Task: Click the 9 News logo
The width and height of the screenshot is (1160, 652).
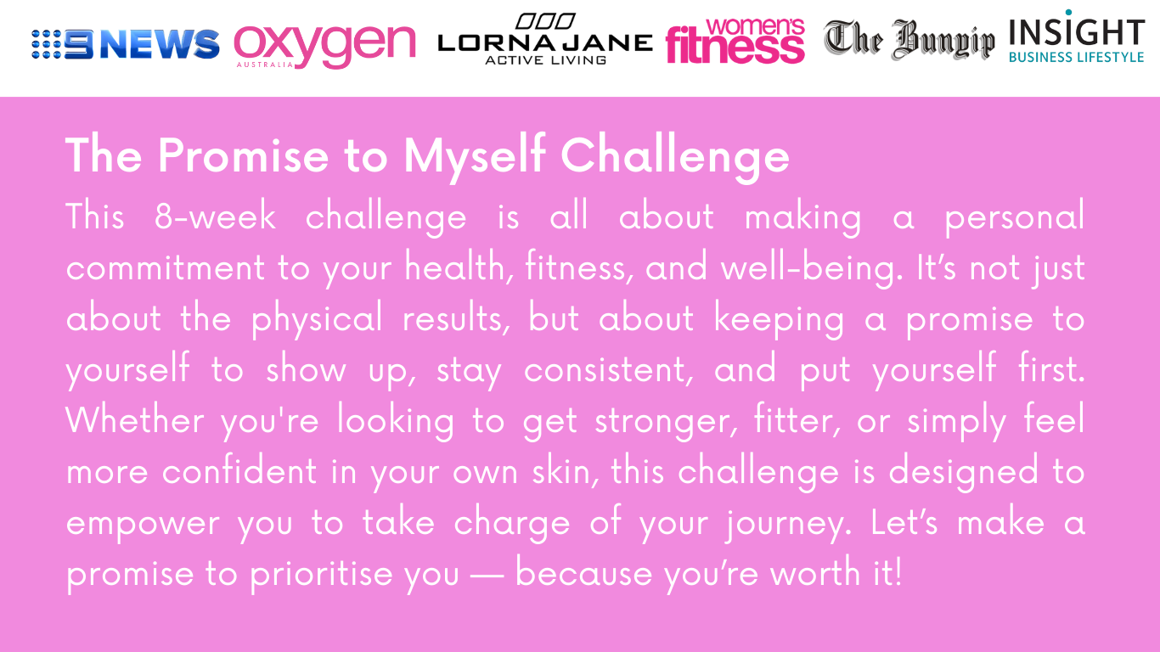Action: [x=126, y=44]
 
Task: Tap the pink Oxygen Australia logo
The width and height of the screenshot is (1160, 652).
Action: [x=324, y=47]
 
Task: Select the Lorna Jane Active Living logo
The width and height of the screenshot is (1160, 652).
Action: [x=545, y=40]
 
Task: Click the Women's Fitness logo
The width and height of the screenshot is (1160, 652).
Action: [x=735, y=41]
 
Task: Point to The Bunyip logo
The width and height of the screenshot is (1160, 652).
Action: [x=909, y=40]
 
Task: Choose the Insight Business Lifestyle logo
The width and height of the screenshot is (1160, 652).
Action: [x=1077, y=37]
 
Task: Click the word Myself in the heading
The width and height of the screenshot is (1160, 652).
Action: [x=474, y=156]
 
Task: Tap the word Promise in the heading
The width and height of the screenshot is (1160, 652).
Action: [x=244, y=155]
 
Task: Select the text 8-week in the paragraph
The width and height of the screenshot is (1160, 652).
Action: [x=215, y=216]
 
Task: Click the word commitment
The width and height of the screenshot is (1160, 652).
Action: [x=166, y=267]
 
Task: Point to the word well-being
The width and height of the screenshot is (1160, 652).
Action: [x=812, y=267]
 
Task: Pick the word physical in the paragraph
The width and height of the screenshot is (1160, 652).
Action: [x=317, y=318]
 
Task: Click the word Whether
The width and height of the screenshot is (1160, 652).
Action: [x=135, y=419]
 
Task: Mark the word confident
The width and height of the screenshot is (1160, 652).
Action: [x=239, y=470]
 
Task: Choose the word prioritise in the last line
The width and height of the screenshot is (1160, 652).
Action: [x=321, y=574]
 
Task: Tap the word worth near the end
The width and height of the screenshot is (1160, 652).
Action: [x=815, y=572]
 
